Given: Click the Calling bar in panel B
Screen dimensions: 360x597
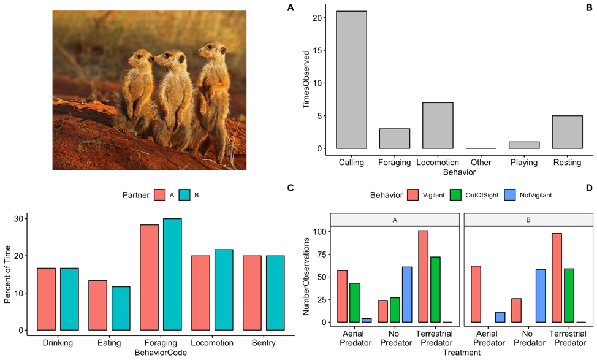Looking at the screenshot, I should pos(351,80).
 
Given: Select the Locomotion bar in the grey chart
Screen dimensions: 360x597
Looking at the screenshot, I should pos(438,125).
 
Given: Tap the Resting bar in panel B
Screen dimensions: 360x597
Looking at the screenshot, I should pos(567,132).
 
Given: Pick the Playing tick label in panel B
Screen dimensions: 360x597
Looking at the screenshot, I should pos(523,163).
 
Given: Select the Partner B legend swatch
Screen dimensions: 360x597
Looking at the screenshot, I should pos(185,195).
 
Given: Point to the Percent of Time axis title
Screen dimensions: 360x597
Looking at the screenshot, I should pos(7,272).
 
